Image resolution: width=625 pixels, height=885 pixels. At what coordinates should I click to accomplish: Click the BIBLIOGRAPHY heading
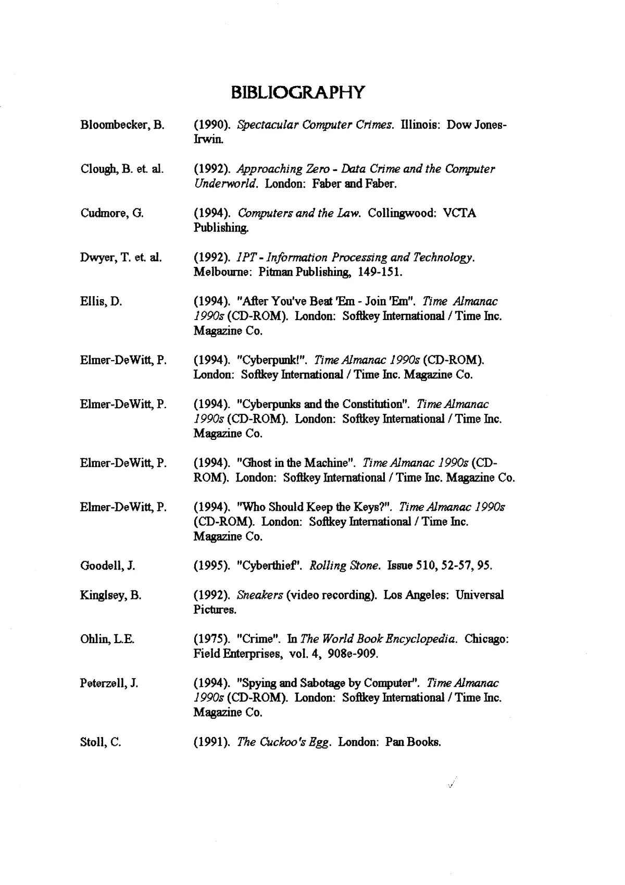[297, 92]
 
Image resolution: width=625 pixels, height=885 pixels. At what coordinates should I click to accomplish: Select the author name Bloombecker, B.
[122, 125]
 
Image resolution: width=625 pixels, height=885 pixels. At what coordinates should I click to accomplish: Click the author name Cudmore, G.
[112, 213]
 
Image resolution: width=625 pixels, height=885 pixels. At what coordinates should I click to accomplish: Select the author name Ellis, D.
[101, 301]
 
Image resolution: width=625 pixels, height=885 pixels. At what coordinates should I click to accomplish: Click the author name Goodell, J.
[108, 566]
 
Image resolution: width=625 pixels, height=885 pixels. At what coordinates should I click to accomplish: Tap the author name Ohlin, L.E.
[107, 640]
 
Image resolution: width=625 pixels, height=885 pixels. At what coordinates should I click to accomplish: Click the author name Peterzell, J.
[109, 683]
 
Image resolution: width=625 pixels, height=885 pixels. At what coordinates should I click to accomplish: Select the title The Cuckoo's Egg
[283, 742]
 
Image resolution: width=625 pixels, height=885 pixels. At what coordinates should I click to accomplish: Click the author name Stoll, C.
[101, 742]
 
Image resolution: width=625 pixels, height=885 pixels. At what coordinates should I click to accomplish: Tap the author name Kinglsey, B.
[111, 595]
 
